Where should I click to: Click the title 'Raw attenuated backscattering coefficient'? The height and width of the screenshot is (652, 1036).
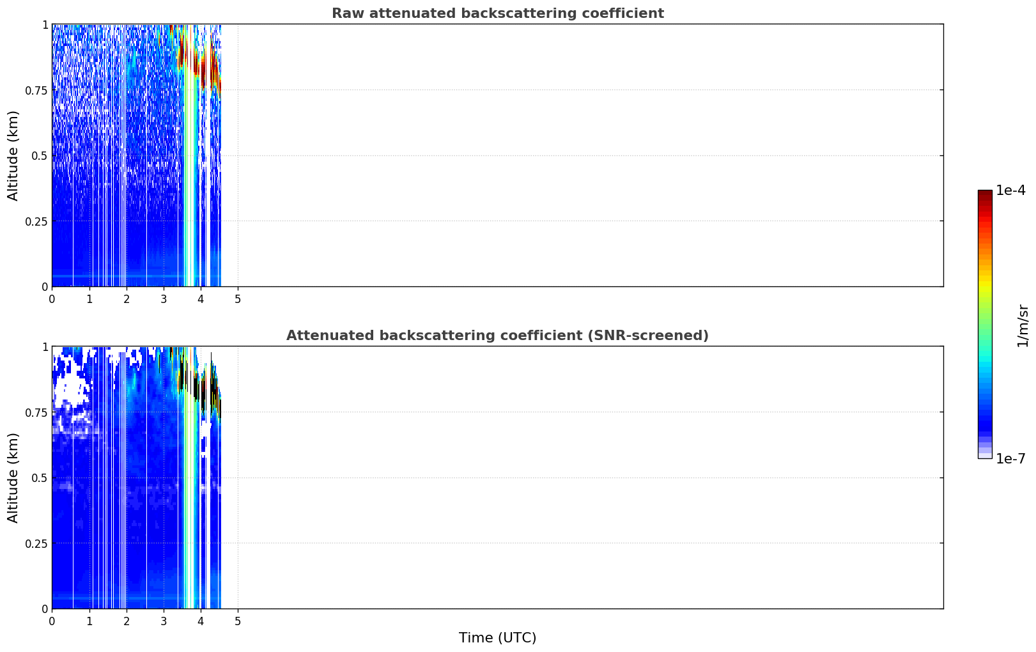pos(498,13)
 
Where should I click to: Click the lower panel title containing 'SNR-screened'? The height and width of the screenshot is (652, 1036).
pos(497,335)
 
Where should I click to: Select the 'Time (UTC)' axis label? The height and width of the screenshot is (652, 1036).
pos(498,638)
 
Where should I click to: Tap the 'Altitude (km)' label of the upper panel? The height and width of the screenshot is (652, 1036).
pos(13,156)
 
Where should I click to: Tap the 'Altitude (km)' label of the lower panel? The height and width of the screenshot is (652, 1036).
pos(13,477)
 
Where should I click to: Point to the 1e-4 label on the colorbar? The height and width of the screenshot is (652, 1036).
pos(1010,190)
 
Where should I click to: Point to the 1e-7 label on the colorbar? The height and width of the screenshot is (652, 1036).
pos(1010,459)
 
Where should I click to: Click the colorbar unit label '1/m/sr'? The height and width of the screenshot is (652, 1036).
pos(1023,325)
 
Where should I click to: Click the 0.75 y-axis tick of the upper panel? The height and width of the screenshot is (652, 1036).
pos(36,90)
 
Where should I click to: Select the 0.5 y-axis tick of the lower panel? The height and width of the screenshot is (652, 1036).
pos(40,477)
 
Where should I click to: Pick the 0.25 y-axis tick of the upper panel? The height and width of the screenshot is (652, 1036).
pos(36,222)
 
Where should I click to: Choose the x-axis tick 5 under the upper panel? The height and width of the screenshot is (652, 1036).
pos(238,299)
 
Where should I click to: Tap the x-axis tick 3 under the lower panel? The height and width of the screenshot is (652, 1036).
pos(164,621)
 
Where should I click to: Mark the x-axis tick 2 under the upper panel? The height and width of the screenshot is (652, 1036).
pos(127,299)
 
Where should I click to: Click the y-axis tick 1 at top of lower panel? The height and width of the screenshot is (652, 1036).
pos(45,347)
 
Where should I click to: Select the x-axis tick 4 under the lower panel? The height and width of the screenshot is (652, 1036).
pos(201,621)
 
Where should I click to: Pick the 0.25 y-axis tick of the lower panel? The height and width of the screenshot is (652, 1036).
pos(36,543)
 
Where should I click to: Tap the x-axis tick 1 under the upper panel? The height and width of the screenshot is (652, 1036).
pos(89,299)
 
